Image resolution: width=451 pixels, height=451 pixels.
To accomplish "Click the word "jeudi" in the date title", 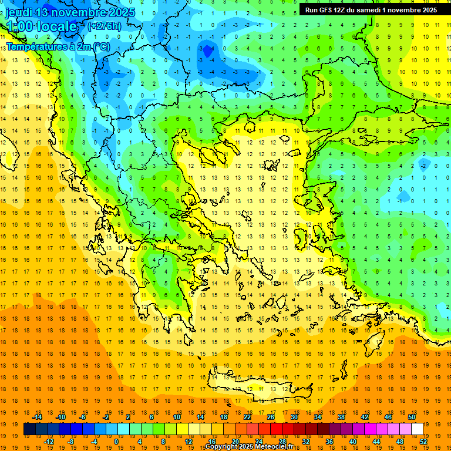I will coord(18,12).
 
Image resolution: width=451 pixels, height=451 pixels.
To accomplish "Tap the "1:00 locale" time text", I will coord(42,26).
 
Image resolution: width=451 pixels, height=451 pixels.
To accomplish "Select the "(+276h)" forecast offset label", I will coord(104,26).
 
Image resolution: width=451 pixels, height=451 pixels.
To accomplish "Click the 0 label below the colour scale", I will coord(116,442).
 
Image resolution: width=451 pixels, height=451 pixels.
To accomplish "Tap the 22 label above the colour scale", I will coord(247,417).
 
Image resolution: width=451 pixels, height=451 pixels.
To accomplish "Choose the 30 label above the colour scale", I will coord(294,417).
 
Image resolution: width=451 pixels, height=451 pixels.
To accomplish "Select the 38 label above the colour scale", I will coord(341,417).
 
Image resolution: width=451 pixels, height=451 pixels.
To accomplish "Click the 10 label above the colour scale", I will coord(177,417).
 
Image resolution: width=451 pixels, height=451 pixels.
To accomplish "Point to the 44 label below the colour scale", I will coord(376,442).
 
